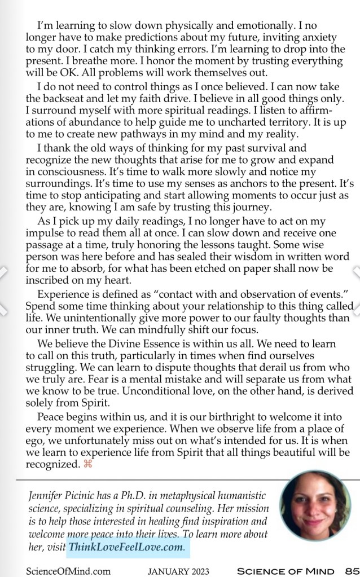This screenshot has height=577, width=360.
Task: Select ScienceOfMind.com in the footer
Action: [x=69, y=570]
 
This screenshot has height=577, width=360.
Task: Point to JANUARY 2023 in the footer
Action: [x=178, y=570]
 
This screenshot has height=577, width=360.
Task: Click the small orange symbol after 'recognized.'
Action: [x=87, y=464]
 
